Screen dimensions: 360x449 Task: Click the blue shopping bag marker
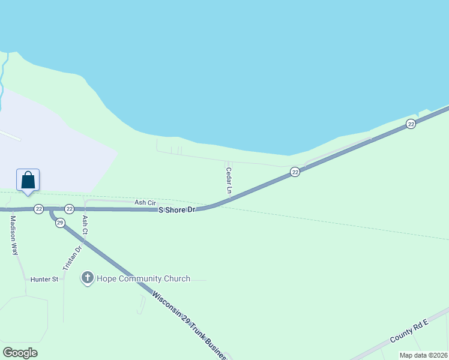(28, 180)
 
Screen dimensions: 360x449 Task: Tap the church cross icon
(88, 278)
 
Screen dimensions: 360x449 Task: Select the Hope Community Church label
(145, 278)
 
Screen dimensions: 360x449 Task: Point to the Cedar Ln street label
(229, 180)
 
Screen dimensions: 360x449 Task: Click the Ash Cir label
(145, 203)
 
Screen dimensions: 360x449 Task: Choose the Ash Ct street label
(85, 224)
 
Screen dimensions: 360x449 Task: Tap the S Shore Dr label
(177, 210)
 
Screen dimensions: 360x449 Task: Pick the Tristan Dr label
(71, 257)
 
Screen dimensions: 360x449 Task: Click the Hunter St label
(44, 279)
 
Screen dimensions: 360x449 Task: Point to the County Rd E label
(409, 331)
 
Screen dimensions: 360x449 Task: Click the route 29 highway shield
(59, 223)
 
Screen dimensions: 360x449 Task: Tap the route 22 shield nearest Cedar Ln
(295, 172)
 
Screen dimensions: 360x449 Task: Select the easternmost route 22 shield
(411, 124)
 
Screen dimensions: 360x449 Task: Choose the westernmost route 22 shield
(38, 209)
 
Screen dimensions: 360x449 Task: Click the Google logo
(20, 353)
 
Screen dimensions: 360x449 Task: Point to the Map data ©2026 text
(423, 355)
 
